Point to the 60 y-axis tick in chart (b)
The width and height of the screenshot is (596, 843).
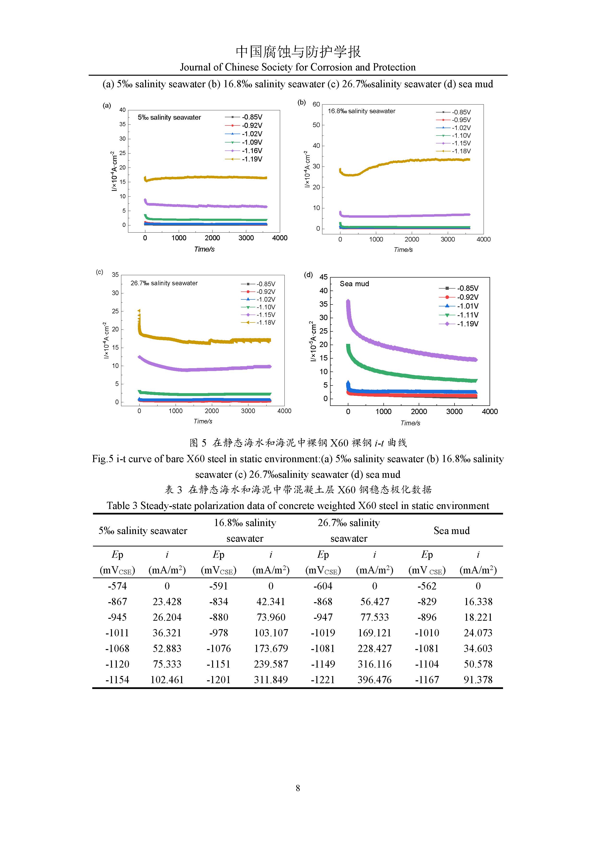pyautogui.click(x=316, y=104)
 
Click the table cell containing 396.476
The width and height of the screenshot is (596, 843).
pyautogui.click(x=374, y=680)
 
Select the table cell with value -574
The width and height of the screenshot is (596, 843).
pyautogui.click(x=117, y=586)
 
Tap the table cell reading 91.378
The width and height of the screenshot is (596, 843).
pyautogui.click(x=478, y=680)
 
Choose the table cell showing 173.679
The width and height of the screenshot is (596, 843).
pyautogui.click(x=271, y=648)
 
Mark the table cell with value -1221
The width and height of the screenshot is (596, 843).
pyautogui.click(x=323, y=680)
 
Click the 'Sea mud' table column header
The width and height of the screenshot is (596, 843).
pyautogui.click(x=451, y=531)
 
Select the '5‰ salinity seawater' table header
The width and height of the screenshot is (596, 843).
pyautogui.click(x=143, y=531)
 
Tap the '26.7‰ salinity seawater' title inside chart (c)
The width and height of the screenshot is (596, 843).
pyautogui.click(x=164, y=283)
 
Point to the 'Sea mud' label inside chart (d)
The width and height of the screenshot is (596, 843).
pyautogui.click(x=354, y=284)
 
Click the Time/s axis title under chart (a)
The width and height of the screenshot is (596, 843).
pyautogui.click(x=204, y=249)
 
